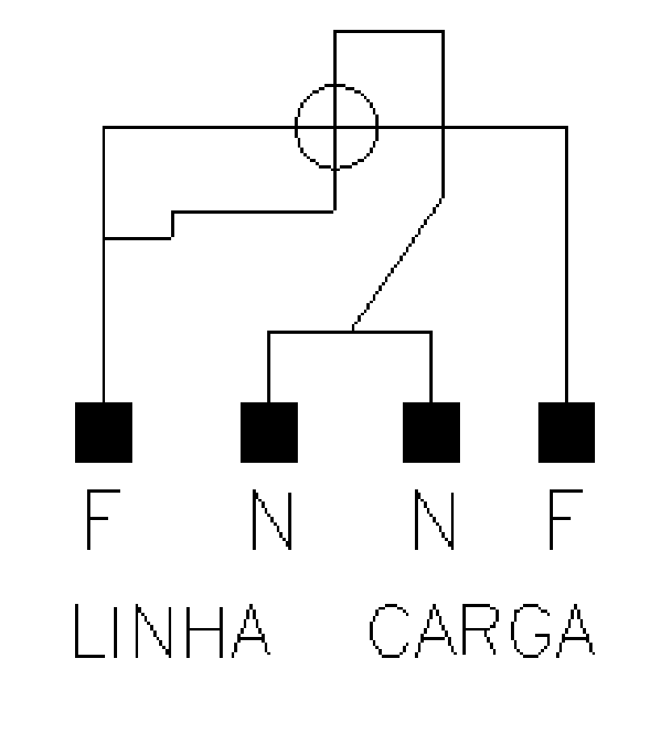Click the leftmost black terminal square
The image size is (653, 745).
tap(103, 432)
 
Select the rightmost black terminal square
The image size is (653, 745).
tap(567, 432)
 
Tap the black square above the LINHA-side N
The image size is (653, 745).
tap(269, 432)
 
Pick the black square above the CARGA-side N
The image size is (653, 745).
tap(431, 432)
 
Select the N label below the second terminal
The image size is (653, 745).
tap(271, 519)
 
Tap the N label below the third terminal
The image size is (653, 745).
tap(434, 519)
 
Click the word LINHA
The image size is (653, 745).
tap(172, 631)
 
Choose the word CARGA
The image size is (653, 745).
tap(482, 631)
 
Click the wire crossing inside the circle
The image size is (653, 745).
tap(335, 127)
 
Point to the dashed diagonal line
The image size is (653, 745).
tap(398, 263)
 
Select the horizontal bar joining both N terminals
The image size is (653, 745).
tap(350, 331)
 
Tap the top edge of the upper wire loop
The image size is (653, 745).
tap(389, 31)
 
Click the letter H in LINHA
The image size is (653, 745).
tap(204, 631)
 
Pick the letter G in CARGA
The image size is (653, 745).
tap(531, 631)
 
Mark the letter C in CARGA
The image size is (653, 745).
tap(389, 631)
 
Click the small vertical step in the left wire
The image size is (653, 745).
tap(172, 225)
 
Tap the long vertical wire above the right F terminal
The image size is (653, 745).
tap(567, 264)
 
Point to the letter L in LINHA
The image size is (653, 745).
tap(89, 631)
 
